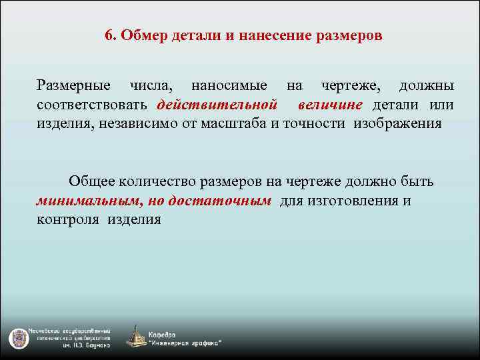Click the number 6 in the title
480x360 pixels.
click(109, 35)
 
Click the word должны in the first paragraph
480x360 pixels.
click(427, 86)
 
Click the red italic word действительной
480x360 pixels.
click(217, 105)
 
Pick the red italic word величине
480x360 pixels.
click(330, 105)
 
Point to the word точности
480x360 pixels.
click(317, 123)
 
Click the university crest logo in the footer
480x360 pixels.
click(16, 338)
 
